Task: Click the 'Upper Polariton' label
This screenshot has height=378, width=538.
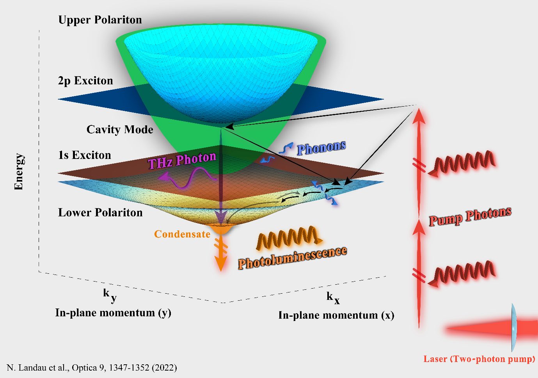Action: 100,20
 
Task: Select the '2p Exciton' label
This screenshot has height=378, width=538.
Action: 85,81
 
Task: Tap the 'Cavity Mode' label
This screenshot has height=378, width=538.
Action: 120,130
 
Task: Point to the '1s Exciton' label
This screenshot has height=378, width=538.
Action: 85,155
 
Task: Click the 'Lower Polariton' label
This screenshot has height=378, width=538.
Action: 100,213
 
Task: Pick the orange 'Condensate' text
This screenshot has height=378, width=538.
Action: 182,234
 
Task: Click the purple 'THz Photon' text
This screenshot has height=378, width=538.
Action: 182,160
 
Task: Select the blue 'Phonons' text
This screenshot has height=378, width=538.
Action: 321,148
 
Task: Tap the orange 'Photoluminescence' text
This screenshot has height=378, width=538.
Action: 292,258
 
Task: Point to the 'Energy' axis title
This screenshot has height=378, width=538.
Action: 19,172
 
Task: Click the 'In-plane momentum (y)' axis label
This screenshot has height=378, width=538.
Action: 113,313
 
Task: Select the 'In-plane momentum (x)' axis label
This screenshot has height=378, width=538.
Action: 336,316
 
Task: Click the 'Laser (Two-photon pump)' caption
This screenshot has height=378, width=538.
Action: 479,359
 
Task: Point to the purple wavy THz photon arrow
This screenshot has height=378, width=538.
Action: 187,178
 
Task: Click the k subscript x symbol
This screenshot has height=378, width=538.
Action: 333,298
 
